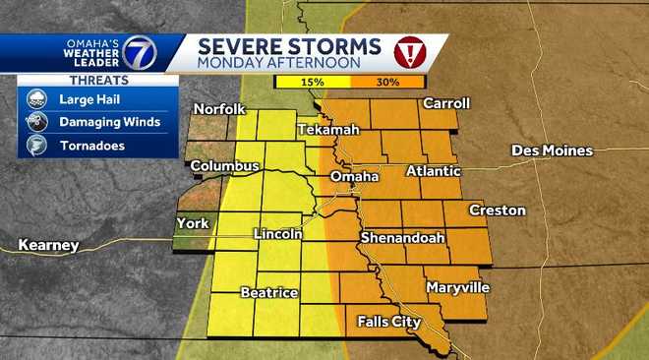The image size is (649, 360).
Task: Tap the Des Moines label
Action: (x=552, y=150)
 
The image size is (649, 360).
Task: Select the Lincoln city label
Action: (x=276, y=234)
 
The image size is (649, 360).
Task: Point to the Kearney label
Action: (x=48, y=245)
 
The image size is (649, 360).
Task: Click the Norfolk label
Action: (x=219, y=109)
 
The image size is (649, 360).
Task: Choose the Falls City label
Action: (x=388, y=322)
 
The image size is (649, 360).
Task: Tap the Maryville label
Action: (x=457, y=287)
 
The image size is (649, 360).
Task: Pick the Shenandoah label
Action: (x=403, y=238)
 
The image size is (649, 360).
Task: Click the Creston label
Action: (x=497, y=210)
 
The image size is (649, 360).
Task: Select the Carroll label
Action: (x=445, y=103)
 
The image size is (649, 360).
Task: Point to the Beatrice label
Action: (x=268, y=293)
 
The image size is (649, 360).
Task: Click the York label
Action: (x=193, y=223)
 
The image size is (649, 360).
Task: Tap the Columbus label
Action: (x=224, y=166)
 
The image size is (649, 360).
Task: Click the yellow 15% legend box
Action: (x=312, y=83)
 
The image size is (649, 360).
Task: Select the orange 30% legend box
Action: (x=386, y=83)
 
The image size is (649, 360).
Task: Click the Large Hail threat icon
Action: (x=35, y=98)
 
